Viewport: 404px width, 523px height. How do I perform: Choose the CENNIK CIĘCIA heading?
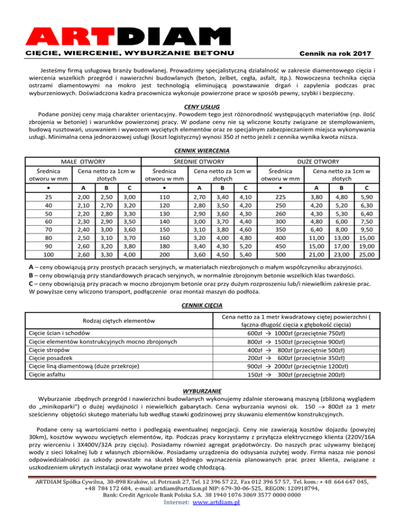(202, 305)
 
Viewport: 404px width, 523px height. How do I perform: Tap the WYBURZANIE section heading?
(202, 391)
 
